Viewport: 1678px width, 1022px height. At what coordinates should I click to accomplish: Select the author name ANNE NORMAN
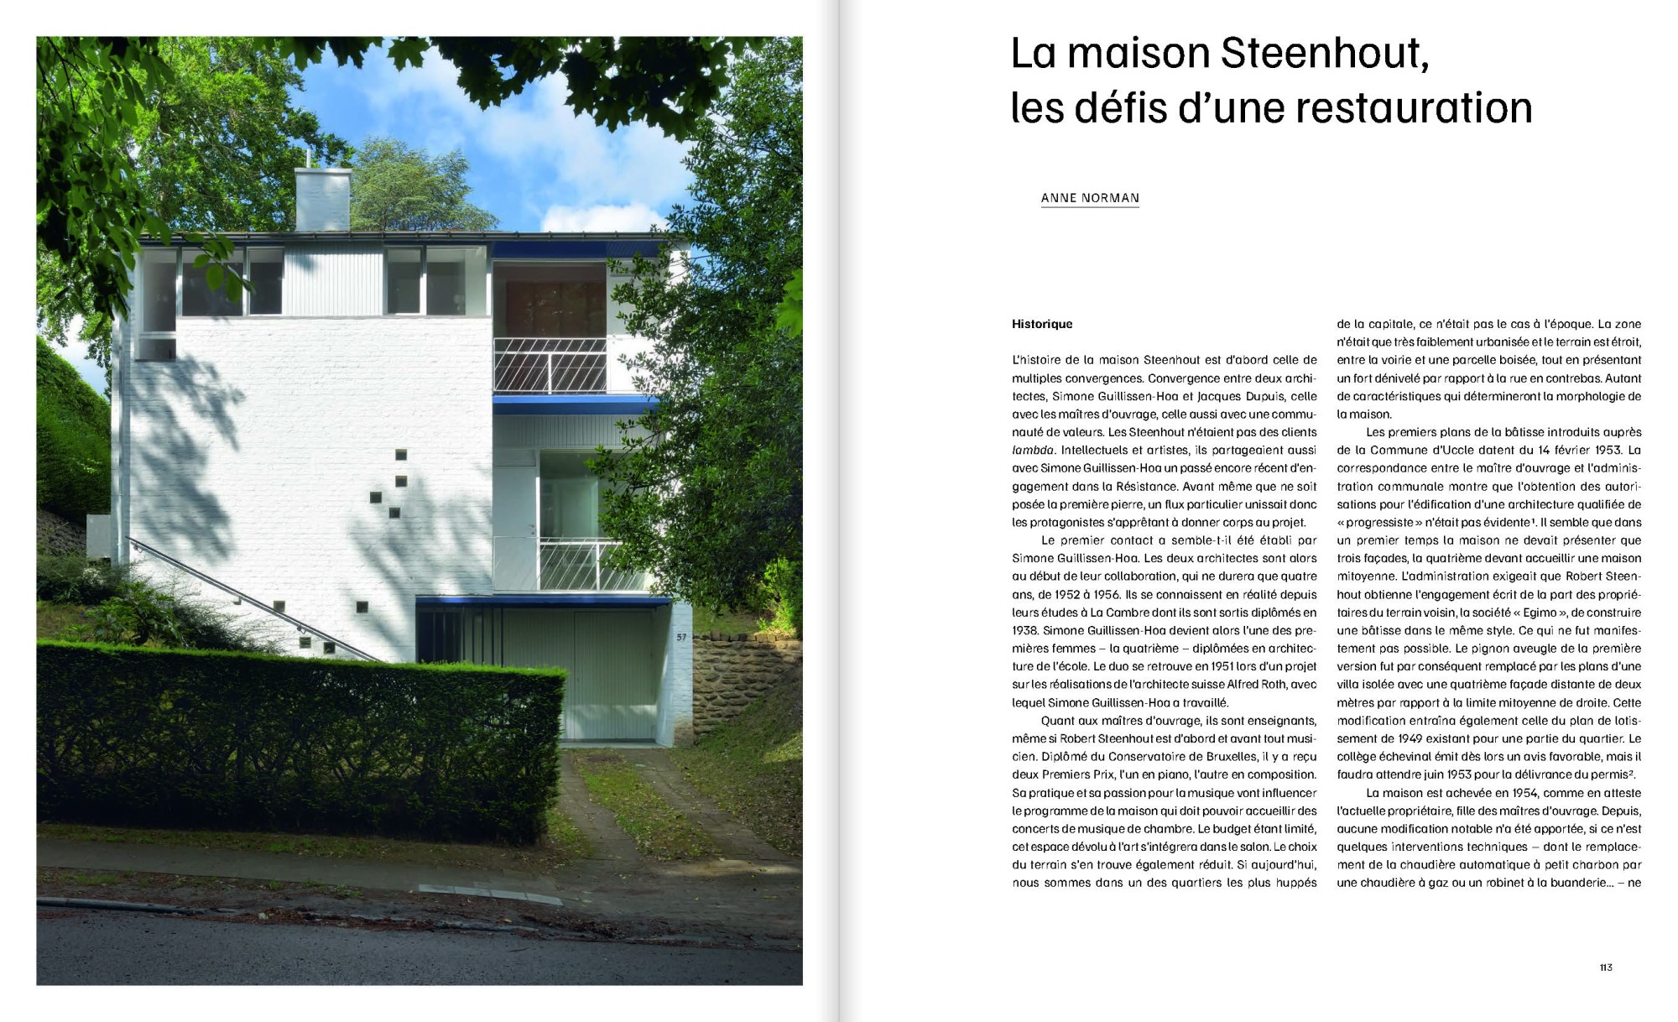pos(1090,198)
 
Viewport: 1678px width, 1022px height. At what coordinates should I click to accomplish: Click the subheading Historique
pos(1042,324)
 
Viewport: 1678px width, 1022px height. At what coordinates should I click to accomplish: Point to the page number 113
pos(1606,967)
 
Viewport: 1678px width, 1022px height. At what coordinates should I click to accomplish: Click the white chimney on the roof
pos(322,199)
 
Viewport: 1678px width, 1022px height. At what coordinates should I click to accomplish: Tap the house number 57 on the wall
pos(681,638)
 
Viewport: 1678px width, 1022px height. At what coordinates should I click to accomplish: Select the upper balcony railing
pos(550,365)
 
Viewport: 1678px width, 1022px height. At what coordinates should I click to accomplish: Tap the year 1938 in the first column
pos(1024,631)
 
